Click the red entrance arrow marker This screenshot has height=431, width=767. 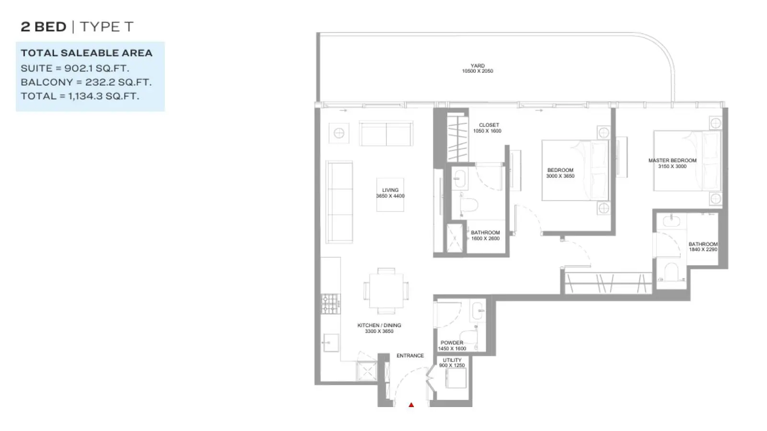[411, 405]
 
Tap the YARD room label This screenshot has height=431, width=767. [477, 66]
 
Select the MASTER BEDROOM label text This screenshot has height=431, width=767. [672, 160]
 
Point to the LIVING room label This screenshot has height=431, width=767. [390, 190]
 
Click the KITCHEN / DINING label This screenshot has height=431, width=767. [379, 325]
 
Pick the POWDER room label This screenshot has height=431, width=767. [452, 343]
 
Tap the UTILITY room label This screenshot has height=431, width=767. [452, 360]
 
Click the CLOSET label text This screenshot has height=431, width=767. [489, 125]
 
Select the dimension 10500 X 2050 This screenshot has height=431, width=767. [477, 71]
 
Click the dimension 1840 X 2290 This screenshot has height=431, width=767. [703, 250]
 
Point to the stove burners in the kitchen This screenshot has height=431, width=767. [330, 304]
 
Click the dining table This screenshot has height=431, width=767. [386, 291]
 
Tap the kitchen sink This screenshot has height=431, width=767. [331, 342]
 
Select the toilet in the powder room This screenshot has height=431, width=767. [468, 338]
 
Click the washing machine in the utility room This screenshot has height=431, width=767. [456, 378]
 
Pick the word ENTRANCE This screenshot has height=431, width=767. [410, 356]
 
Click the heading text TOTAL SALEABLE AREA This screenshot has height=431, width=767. [86, 53]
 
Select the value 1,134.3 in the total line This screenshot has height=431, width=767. [85, 96]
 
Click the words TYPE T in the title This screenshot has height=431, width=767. [106, 27]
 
